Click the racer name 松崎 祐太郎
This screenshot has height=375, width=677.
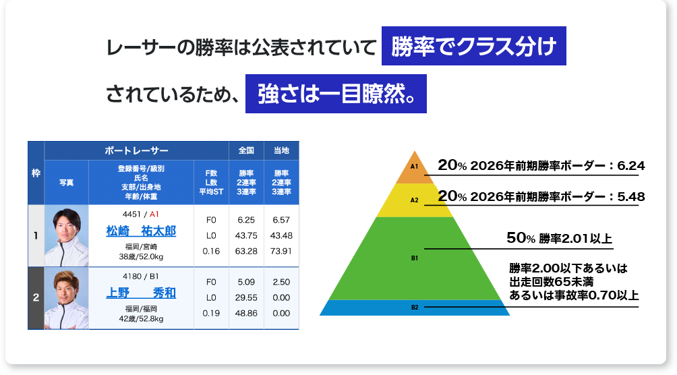click(x=141, y=231)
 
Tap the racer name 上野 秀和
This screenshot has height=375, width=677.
click(x=141, y=293)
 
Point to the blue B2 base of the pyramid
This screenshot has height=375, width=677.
click(x=415, y=308)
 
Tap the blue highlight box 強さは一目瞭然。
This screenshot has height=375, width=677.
click(x=336, y=94)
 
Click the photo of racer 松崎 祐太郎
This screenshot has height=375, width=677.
click(x=66, y=235)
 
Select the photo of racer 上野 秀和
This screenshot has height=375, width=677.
click(x=66, y=298)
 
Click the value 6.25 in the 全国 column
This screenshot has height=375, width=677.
click(x=246, y=220)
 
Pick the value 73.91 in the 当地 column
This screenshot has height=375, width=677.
click(x=281, y=251)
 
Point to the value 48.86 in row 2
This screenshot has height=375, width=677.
click(x=246, y=313)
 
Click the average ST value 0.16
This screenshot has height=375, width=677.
click(x=211, y=251)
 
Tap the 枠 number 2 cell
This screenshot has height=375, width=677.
click(x=36, y=297)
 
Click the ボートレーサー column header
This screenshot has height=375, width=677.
click(x=137, y=150)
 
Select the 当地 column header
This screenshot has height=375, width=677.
click(x=281, y=150)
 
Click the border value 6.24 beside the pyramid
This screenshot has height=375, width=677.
click(x=631, y=165)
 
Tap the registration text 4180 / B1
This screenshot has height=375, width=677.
click(x=140, y=276)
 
